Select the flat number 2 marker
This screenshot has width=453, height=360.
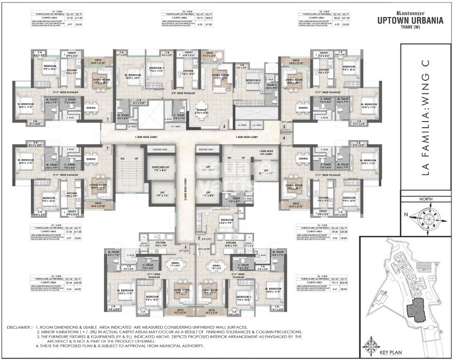(x=224, y=125)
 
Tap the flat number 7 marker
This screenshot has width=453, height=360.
(x=107, y=148)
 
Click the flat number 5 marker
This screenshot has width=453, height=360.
(x=198, y=238)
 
